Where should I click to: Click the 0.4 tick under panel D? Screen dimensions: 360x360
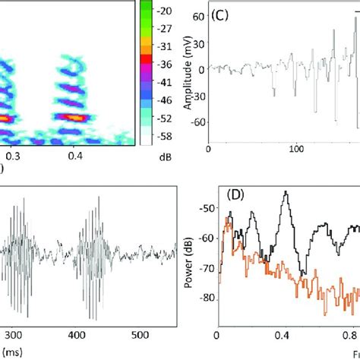[x=284, y=333]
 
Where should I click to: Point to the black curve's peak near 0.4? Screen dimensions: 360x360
[x=285, y=192]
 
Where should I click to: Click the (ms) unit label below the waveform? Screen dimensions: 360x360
[x=11, y=352]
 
